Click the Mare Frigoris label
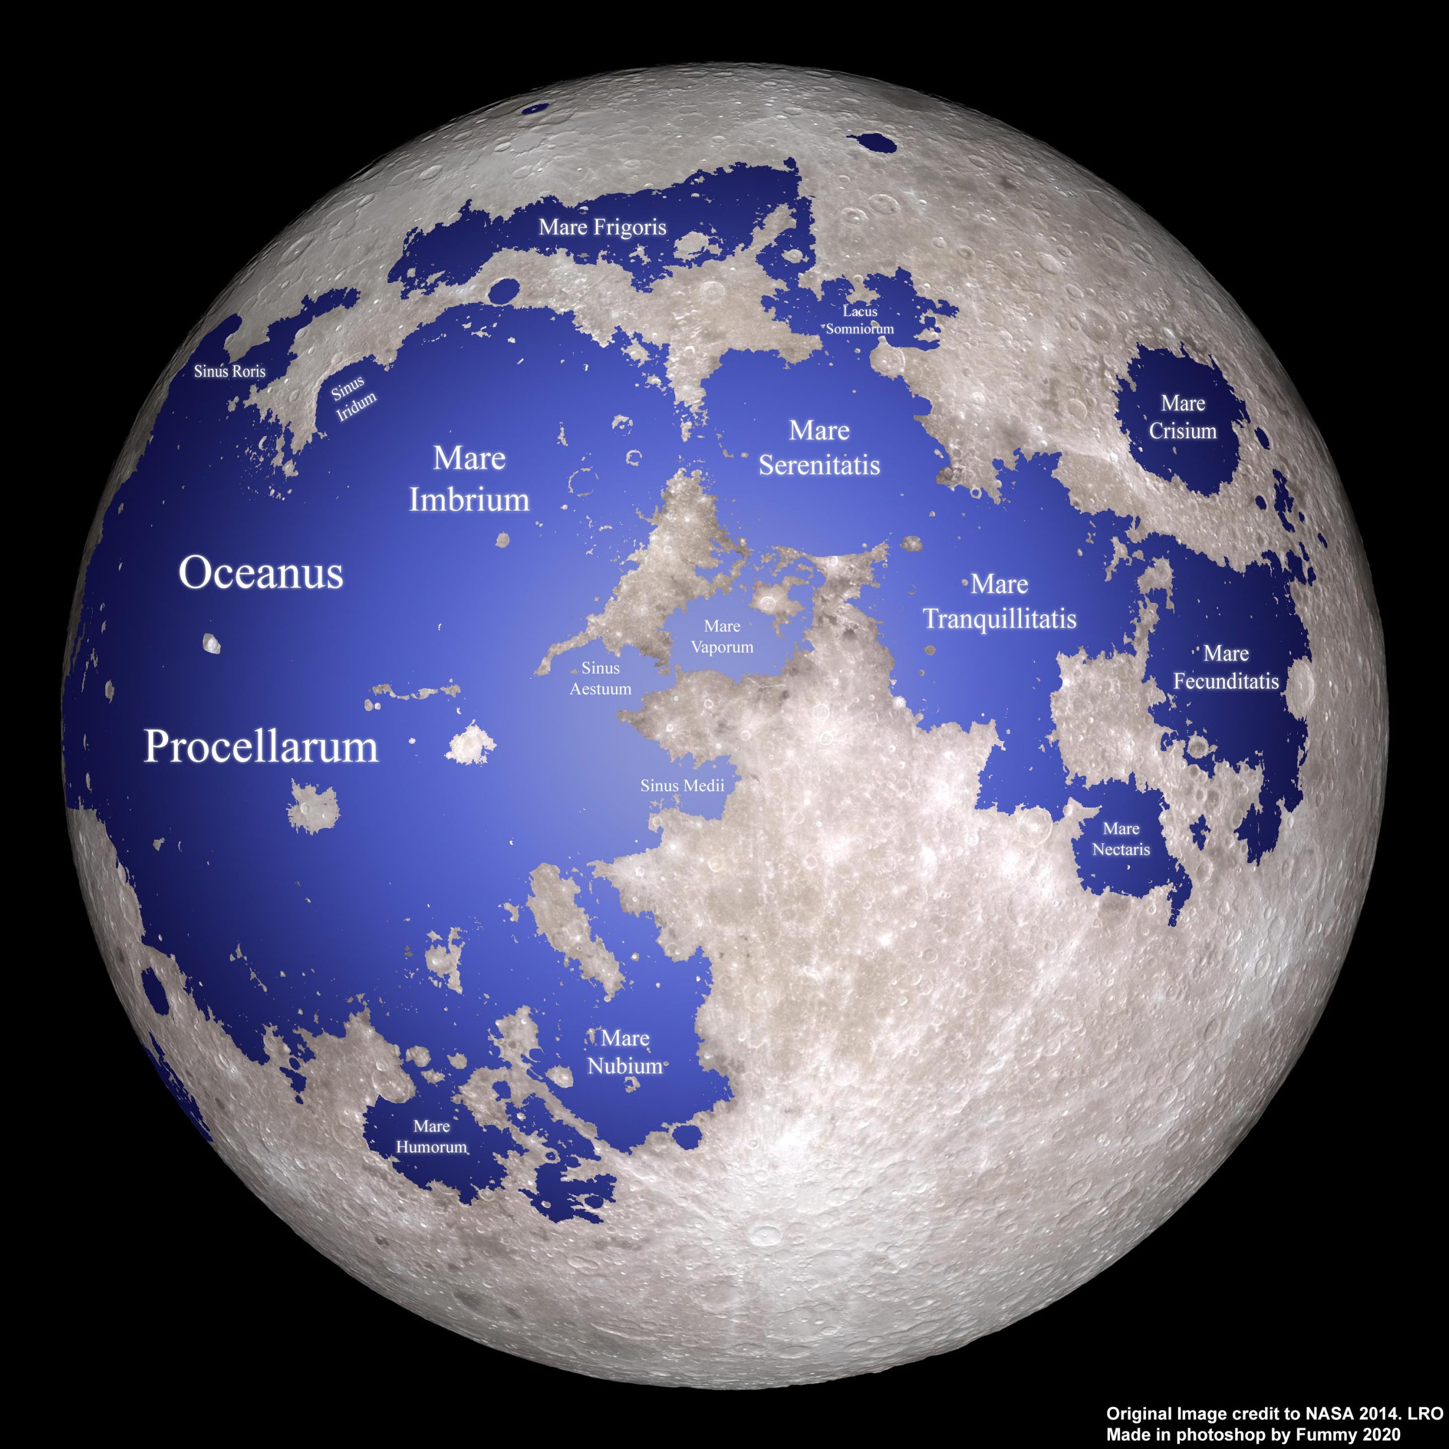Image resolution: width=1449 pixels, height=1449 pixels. pos(602,226)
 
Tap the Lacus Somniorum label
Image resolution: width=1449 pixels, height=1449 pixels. pos(860,319)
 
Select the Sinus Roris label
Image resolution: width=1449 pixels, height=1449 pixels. pos(229,371)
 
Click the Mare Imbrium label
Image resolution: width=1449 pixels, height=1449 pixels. pos(469,478)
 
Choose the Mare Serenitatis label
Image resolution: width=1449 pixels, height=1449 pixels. pos(819,448)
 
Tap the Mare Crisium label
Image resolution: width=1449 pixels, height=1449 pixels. pos(1183,417)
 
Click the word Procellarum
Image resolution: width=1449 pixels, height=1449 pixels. pos(261,747)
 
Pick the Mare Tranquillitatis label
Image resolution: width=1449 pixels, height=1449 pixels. pos(999,602)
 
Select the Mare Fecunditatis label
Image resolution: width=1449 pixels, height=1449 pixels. pos(1225,667)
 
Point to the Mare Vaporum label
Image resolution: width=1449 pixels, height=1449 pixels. pos(722,636)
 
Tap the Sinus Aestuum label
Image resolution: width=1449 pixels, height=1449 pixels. pos(600,678)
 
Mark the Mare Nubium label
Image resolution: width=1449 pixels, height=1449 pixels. pos(625,1052)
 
